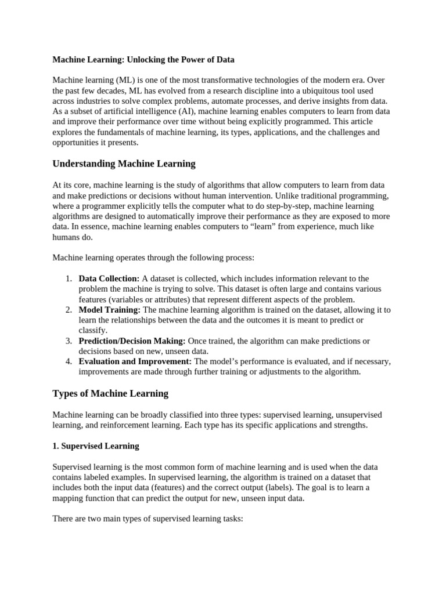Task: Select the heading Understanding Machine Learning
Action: pos(124,164)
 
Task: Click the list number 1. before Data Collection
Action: pos(68,279)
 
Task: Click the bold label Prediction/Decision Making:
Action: pos(132,341)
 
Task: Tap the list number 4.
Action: pos(68,362)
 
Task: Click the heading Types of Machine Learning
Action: pos(110,393)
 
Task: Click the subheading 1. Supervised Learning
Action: pos(96,446)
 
